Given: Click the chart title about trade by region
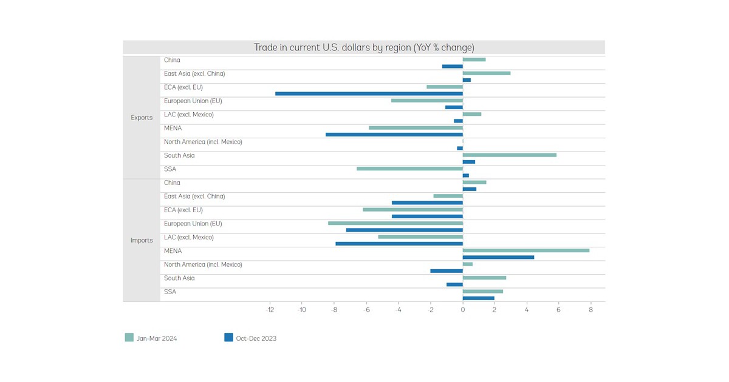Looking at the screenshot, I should click(363, 48).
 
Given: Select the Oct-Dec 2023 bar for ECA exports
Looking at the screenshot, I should click(369, 93).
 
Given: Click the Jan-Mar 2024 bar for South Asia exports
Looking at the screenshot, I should click(509, 155).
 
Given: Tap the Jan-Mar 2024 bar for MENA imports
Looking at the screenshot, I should click(525, 250).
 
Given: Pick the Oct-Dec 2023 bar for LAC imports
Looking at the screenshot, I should click(399, 244).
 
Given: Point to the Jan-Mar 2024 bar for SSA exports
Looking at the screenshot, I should click(409, 169).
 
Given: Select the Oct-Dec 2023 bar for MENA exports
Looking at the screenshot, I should click(394, 135).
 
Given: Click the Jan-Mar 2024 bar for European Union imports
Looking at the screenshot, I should click(395, 223).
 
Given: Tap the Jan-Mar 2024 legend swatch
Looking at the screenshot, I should click(129, 338).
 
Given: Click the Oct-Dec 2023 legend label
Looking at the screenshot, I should click(256, 338).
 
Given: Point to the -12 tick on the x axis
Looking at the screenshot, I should click(270, 310).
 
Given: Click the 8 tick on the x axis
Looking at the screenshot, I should click(590, 310).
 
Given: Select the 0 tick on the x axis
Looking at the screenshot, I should click(462, 310).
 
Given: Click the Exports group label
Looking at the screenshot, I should click(142, 118).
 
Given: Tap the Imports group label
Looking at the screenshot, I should click(142, 240).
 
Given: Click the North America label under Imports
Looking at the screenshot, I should click(203, 264).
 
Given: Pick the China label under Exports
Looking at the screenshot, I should click(172, 60).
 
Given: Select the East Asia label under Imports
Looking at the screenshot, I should click(194, 196).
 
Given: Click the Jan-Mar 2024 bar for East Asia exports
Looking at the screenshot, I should click(486, 73).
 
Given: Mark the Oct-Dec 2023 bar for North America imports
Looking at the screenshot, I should click(446, 271).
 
